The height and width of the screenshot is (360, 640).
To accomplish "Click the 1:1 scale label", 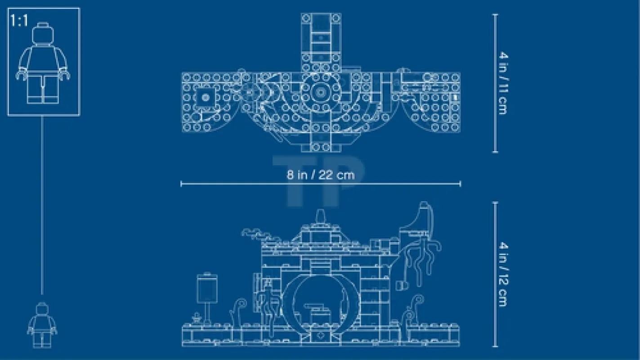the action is point(19,21).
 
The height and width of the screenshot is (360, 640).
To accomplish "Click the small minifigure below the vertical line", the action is point(42,325).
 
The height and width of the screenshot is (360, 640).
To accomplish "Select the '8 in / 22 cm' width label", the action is point(321,175).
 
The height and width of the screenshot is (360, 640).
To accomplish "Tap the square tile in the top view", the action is point(205,98).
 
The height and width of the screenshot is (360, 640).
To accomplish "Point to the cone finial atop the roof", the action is point(321,216).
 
